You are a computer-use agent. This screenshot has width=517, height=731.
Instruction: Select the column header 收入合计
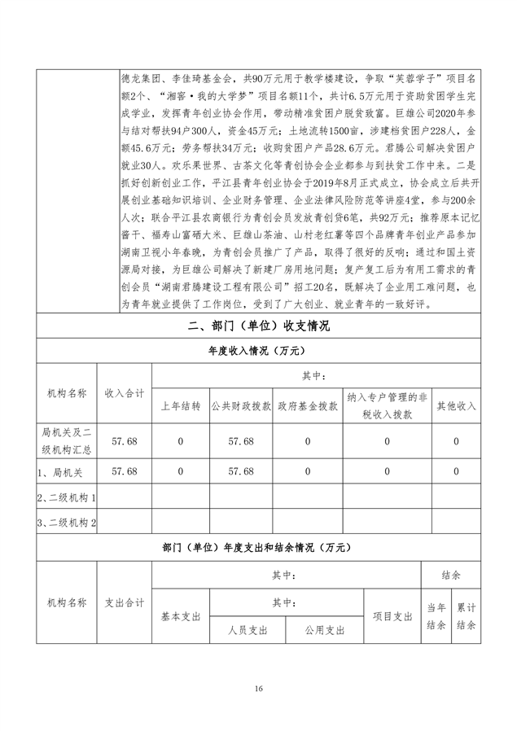[x=124, y=393]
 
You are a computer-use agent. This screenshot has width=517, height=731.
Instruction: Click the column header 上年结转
[x=180, y=405]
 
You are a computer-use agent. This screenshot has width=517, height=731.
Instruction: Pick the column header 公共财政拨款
[x=240, y=405]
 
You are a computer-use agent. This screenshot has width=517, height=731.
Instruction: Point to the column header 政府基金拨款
[x=308, y=405]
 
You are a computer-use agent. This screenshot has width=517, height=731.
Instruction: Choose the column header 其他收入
[x=457, y=405]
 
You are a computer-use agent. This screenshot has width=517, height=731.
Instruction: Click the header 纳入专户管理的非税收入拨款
[x=387, y=405]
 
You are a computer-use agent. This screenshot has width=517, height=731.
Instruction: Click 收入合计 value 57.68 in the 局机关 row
[x=124, y=471]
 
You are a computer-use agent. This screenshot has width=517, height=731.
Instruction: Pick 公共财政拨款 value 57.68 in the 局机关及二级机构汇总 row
[x=240, y=440]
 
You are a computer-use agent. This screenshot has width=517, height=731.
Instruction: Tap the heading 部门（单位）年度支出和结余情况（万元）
[x=258, y=548]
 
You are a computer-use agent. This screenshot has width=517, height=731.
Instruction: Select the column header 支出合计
[x=124, y=602]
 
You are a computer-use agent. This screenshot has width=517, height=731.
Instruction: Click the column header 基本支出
[x=180, y=615]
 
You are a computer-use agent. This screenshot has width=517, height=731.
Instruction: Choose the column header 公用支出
[x=325, y=629]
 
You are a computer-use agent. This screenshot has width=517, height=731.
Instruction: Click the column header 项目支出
[x=392, y=615]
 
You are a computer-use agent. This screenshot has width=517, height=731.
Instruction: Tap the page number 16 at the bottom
[x=258, y=689]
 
